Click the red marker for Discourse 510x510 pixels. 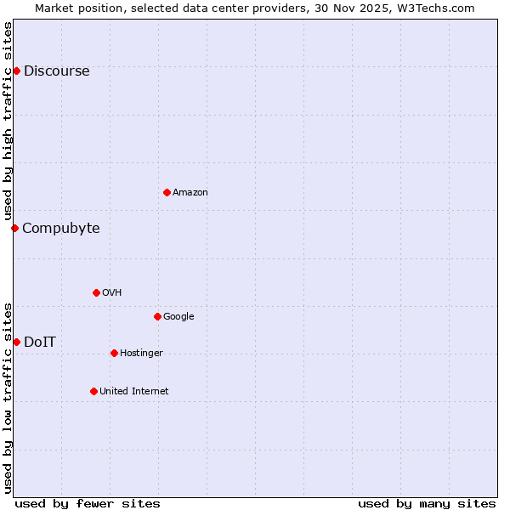[16, 71]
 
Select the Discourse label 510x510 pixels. [56, 71]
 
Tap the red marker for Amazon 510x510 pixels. [167, 192]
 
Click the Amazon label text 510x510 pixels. [190, 193]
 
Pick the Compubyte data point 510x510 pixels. [14, 228]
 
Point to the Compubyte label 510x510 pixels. [60, 229]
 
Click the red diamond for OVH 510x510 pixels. [96, 292]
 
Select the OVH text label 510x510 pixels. [112, 293]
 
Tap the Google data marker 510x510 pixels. [157, 316]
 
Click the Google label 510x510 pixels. [178, 317]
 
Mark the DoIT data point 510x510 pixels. [16, 342]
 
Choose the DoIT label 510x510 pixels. [40, 343]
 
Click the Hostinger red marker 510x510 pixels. [114, 353]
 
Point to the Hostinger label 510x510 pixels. [141, 354]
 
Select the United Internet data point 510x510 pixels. [93, 391]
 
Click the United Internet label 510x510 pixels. [134, 392]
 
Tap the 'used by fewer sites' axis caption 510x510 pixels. [88, 503]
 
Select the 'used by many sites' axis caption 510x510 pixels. [427, 503]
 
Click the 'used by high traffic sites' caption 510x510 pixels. [8, 121]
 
